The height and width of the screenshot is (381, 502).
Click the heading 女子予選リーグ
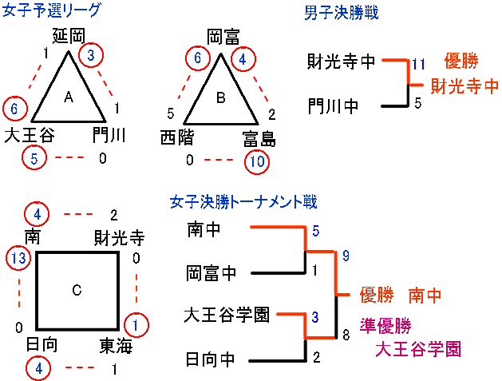point(52,12)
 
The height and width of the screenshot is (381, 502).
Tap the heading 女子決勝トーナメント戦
point(243,202)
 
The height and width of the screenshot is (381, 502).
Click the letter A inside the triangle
point(69,97)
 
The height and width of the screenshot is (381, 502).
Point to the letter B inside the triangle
point(221,98)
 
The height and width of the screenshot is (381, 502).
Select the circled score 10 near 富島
point(256,161)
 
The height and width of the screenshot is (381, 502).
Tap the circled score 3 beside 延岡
point(92,55)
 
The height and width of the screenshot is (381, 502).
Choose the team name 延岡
point(68,36)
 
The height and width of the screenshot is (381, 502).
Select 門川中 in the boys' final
point(333,105)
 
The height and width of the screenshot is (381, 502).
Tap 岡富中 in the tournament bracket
point(211,273)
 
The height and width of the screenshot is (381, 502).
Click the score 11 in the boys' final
point(420,64)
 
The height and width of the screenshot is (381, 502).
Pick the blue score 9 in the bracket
point(346,256)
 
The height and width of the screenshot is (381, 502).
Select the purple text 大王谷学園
point(418,349)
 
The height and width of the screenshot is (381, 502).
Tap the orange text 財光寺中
point(464,85)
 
